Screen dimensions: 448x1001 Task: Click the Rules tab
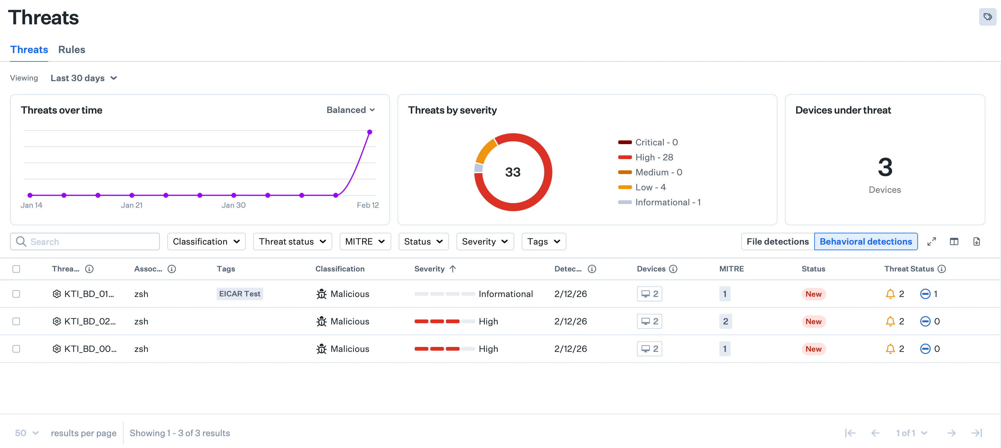(x=71, y=50)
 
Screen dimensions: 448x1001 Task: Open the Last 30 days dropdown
(x=84, y=78)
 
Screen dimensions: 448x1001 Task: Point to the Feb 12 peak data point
(x=370, y=132)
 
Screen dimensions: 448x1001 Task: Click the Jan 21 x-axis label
(x=131, y=205)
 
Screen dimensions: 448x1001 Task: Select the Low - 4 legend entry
(x=650, y=187)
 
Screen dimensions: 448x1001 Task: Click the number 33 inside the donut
(x=513, y=172)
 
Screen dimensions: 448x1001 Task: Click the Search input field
(x=89, y=241)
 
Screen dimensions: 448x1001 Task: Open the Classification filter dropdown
(x=206, y=241)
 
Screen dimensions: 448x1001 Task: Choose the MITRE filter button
(x=364, y=241)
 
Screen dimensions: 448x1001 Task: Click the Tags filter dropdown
(x=543, y=241)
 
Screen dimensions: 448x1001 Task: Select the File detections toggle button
(x=777, y=241)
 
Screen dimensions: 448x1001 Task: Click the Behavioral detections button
(x=865, y=241)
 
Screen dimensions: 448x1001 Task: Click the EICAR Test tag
(x=239, y=294)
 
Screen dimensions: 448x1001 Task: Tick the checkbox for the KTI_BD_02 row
(x=16, y=321)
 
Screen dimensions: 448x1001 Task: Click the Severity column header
(x=429, y=269)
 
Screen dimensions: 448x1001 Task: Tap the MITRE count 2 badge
(x=725, y=321)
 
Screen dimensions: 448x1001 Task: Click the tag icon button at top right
(x=987, y=17)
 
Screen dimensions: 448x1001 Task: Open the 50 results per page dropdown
(x=27, y=433)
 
